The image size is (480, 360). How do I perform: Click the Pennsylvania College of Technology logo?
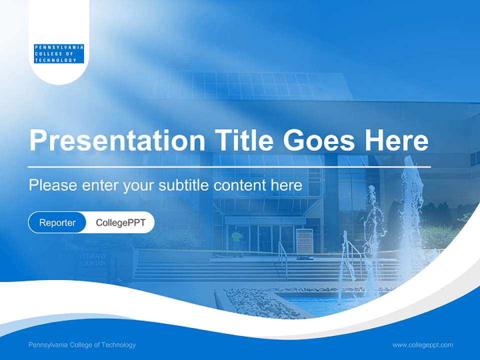(x=59, y=53)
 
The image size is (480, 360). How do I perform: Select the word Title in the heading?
(x=243, y=140)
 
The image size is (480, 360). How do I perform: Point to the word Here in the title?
(x=396, y=140)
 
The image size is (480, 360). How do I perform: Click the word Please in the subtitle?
(x=52, y=185)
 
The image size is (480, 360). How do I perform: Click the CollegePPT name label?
(x=120, y=223)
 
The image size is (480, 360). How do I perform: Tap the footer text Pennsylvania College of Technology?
(x=82, y=345)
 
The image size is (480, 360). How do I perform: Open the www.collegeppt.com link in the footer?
(x=422, y=345)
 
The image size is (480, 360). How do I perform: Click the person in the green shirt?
(x=236, y=240)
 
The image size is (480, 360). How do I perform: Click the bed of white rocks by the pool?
(x=260, y=302)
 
